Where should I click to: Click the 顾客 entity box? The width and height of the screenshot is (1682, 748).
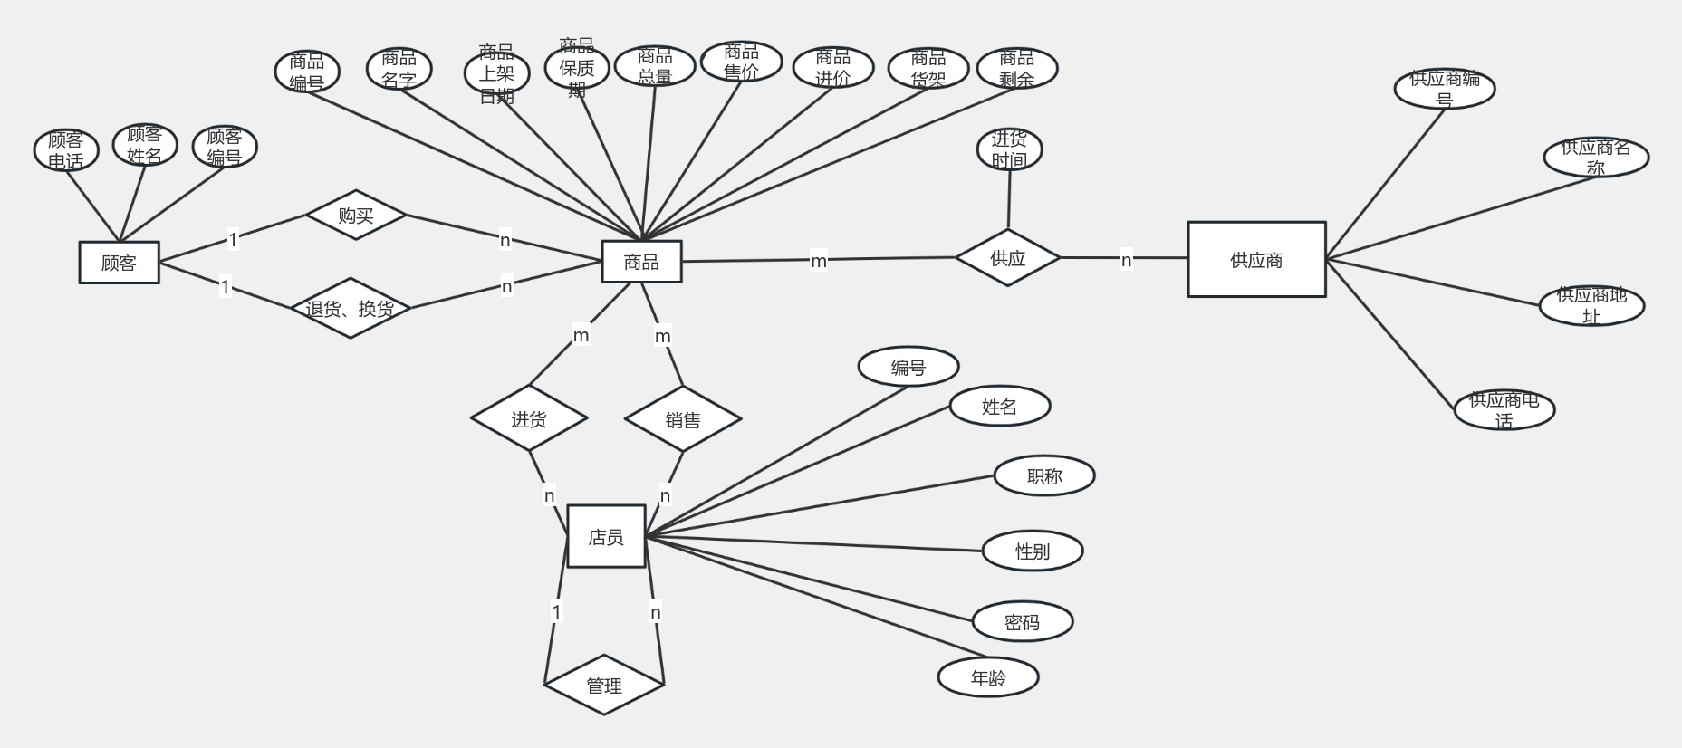(119, 263)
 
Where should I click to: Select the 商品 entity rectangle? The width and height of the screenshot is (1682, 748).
(641, 262)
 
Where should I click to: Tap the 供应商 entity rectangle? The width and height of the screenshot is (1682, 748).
(1256, 260)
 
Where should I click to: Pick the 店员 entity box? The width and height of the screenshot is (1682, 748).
(606, 537)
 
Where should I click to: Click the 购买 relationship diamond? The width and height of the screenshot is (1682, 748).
(356, 215)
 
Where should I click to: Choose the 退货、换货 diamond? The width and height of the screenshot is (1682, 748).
(351, 309)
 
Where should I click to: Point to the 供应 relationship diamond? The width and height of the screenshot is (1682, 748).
(1007, 258)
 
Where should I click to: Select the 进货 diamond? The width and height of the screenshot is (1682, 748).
(529, 418)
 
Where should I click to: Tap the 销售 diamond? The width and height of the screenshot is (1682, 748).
(683, 419)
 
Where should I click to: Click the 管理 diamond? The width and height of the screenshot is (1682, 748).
(604, 686)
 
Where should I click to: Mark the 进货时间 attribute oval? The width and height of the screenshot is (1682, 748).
(1009, 149)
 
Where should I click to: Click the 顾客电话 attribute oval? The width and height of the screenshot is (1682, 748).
(65, 150)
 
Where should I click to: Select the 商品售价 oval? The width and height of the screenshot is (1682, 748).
(741, 62)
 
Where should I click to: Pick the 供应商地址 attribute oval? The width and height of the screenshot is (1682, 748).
(1591, 305)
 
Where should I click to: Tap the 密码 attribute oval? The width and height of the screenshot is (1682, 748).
(1022, 622)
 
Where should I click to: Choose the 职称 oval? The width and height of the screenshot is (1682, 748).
(1044, 476)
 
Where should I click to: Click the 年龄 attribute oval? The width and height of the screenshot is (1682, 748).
(987, 677)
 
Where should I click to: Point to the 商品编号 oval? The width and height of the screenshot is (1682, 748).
(307, 72)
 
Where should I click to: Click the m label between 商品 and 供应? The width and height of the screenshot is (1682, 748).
(819, 261)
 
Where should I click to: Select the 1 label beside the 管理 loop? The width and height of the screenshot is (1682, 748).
(556, 611)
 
